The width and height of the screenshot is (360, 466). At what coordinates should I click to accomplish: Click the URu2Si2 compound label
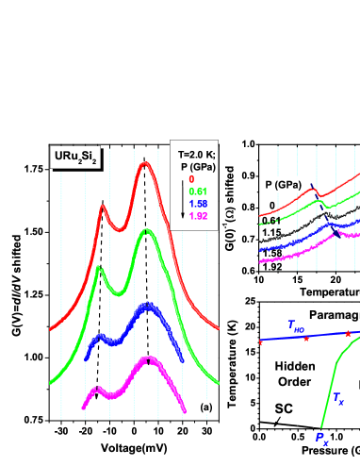tap(75, 158)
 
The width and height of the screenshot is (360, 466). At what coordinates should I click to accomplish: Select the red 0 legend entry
tap(191, 178)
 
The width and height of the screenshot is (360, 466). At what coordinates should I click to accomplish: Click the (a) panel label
tap(206, 407)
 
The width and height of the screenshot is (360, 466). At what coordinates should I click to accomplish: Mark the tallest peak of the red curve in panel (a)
tap(144, 164)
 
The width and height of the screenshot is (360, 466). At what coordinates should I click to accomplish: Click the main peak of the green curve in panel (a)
tap(144, 232)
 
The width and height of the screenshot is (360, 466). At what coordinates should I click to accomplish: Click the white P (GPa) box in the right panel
tap(282, 185)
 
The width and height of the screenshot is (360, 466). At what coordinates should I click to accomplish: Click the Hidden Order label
tap(291, 373)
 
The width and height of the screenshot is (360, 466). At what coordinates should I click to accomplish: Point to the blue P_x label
tap(320, 438)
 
